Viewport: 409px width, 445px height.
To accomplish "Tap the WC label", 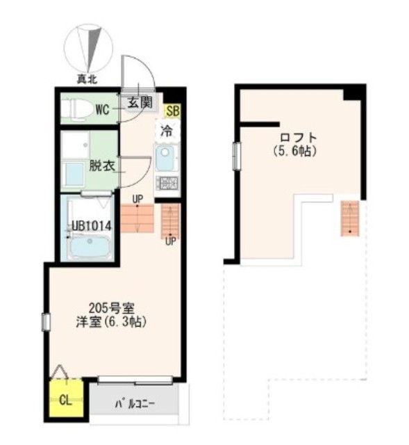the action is pos(102,110).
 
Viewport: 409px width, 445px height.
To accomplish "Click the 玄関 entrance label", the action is pos(140,102).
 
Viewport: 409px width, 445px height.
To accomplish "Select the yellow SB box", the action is pos(173,111).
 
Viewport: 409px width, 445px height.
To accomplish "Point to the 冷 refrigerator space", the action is pos(167,131).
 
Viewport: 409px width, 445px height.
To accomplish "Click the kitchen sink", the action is pos(165,159).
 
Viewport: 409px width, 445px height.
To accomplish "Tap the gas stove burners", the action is pos(167,183).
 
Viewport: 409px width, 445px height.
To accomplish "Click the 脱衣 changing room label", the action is pos(102,165).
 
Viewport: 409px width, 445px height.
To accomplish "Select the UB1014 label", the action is pos(91,226).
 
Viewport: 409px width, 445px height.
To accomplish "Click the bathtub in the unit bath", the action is pos(90,245).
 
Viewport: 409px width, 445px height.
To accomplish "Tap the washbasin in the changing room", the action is pos(74,174).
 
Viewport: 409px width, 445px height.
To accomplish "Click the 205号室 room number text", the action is pos(111,307).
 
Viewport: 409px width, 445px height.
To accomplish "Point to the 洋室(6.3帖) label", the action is pos(111,322).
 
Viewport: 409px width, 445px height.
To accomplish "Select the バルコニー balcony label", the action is pos(135,403).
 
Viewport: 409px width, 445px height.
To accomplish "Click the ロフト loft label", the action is pos(298,138).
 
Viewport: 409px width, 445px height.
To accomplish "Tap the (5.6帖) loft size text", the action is pos(295,152).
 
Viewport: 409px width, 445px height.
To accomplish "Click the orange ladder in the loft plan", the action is pos(350,218).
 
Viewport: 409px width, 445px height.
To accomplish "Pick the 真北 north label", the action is pos(87,79).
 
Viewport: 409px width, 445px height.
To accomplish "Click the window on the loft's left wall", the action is pos(236,156).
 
